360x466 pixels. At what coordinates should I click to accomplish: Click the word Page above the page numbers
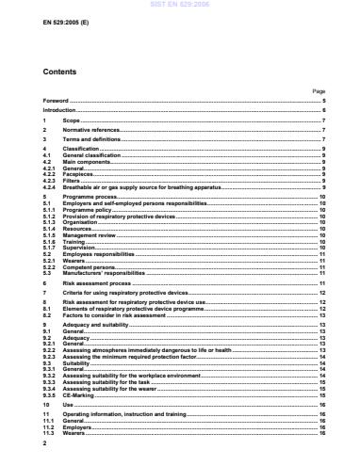click(318, 90)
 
